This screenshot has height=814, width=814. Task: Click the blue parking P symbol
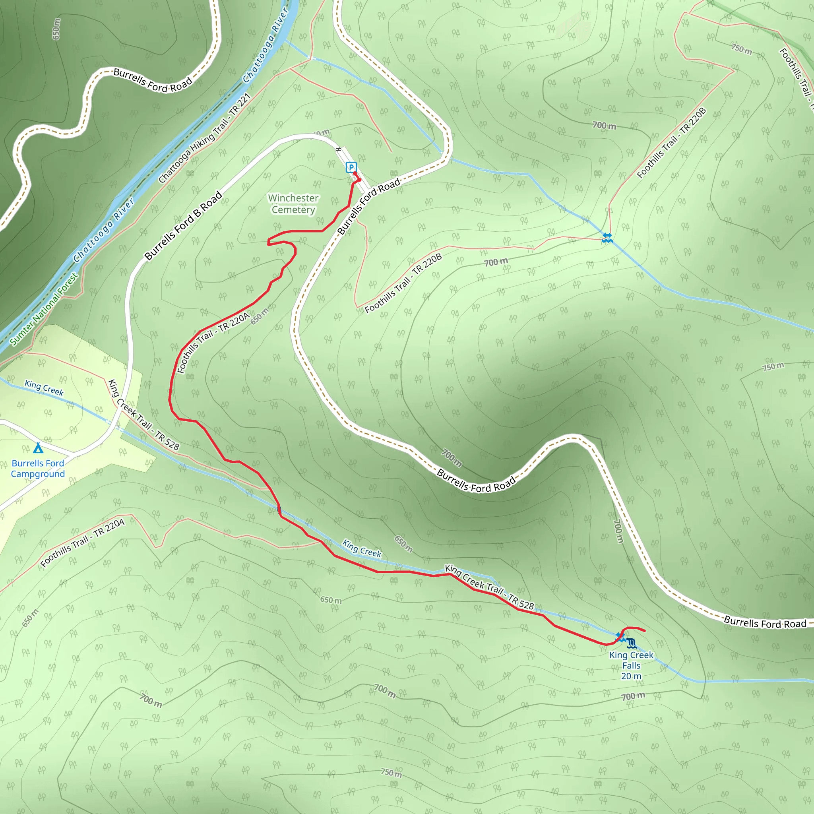click(x=351, y=167)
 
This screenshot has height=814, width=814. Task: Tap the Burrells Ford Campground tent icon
click(x=38, y=448)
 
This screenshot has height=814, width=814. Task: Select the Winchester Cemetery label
click(x=293, y=204)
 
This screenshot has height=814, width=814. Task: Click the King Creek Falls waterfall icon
click(x=631, y=643)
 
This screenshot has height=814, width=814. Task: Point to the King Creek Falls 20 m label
click(x=631, y=666)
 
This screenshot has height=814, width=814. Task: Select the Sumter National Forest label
click(x=44, y=309)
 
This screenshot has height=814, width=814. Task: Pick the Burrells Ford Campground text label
click(x=38, y=469)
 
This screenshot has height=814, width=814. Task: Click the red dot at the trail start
click(x=359, y=180)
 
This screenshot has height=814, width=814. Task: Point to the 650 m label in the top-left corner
click(x=56, y=29)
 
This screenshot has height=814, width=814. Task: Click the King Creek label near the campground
click(x=44, y=388)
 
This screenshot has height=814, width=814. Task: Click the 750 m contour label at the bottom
click(x=391, y=772)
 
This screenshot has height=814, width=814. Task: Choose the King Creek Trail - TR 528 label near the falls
click(x=489, y=587)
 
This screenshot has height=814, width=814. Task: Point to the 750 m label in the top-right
click(x=742, y=49)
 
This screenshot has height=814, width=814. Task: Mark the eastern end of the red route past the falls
click(x=645, y=631)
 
